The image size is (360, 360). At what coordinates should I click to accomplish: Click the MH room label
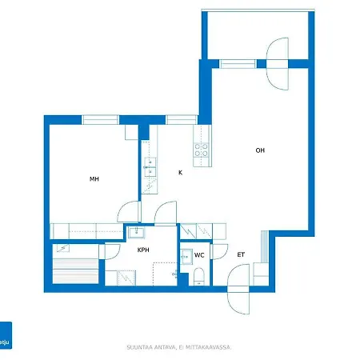coord(94,179)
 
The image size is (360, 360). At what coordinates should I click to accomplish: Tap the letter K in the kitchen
coord(180,172)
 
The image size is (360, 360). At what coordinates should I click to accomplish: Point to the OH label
coord(260,150)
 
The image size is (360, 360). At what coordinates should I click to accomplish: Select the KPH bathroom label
coord(143,250)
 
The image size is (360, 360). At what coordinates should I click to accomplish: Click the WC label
coord(199,255)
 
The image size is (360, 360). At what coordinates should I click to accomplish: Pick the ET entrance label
coord(241,255)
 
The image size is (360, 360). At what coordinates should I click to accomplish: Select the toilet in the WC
coord(198,278)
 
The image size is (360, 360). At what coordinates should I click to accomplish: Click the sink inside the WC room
coord(186,257)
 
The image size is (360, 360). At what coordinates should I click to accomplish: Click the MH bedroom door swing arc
coord(128,212)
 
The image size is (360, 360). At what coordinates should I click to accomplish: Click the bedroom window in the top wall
coord(100,120)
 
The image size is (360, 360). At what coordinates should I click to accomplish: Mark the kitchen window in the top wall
coord(179,120)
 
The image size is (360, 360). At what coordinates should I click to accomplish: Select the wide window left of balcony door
coord(238,63)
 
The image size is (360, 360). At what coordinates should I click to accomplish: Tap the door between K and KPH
coord(166,213)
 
